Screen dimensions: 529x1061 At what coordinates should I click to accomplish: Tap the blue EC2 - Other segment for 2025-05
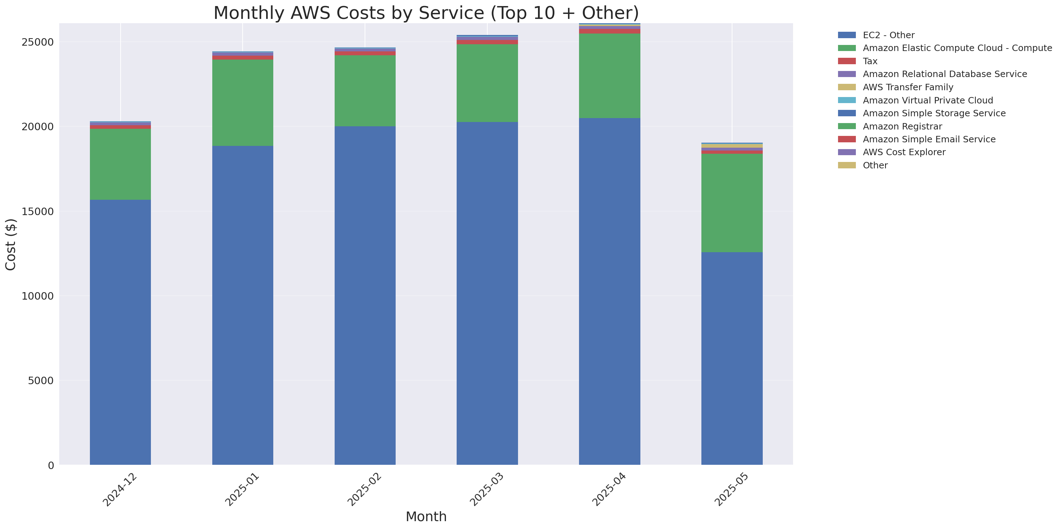732,358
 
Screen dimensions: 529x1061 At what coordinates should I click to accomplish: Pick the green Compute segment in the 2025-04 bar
610,76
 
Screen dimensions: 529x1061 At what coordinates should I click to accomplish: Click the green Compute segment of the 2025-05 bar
732,203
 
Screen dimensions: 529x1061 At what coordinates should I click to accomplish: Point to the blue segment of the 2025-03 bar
487,293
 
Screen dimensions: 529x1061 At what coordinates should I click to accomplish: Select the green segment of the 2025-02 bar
365,91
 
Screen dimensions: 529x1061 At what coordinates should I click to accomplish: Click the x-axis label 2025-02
364,489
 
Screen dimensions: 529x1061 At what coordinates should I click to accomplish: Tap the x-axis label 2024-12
120,489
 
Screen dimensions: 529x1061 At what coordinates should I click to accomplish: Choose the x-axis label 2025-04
609,489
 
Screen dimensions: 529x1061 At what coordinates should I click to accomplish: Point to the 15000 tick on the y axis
37,212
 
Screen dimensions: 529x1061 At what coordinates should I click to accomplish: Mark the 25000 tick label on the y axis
37,42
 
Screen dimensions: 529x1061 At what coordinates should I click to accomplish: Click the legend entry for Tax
870,61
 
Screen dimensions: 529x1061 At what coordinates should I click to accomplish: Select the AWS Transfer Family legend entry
908,87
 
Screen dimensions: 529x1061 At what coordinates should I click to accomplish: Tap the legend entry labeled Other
875,166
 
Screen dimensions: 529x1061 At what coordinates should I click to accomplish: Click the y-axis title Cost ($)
11,245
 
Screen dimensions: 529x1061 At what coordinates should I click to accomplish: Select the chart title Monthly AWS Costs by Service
426,13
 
